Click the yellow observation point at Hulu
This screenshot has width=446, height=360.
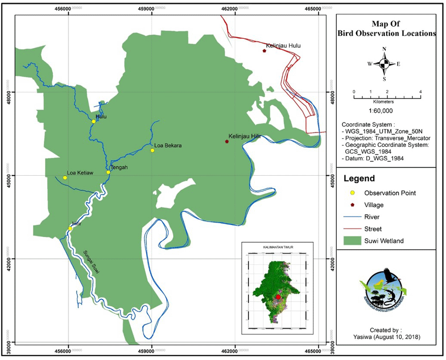coord(94,121)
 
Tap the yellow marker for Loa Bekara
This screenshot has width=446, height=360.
coord(152,150)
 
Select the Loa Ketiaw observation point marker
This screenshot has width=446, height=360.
coord(65,178)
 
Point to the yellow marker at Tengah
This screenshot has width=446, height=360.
coord(108,172)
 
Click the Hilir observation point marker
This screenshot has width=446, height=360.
coord(70,228)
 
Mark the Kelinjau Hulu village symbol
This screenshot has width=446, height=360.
coord(264,51)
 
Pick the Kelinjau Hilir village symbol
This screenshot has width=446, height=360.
coord(227,141)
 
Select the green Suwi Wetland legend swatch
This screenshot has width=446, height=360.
coord(352,241)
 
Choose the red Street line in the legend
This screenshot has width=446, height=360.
coord(352,229)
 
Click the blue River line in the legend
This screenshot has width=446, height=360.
coord(352,217)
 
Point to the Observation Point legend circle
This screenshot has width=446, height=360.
coord(352,193)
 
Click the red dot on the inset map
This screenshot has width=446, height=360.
coord(278,297)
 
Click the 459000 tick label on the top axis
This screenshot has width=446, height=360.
coord(151,9)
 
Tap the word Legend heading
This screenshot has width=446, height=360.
coord(359,179)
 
